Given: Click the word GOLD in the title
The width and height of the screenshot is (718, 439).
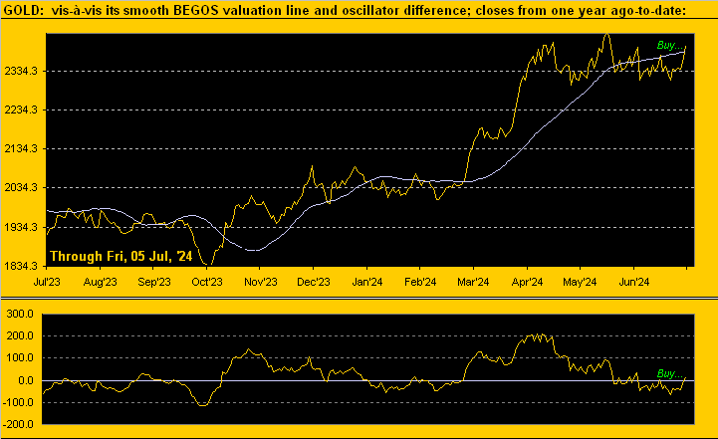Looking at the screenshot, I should tap(24, 9).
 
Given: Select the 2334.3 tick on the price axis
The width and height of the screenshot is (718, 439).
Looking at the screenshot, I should tap(22, 72).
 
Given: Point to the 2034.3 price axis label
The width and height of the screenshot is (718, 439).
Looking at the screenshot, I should tap(22, 188).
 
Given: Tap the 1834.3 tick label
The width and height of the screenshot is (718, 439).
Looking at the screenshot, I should tap(22, 266).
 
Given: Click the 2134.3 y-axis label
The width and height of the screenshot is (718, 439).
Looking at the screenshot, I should tap(22, 149).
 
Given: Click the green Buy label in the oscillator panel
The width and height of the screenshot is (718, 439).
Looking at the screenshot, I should tap(671, 372).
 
